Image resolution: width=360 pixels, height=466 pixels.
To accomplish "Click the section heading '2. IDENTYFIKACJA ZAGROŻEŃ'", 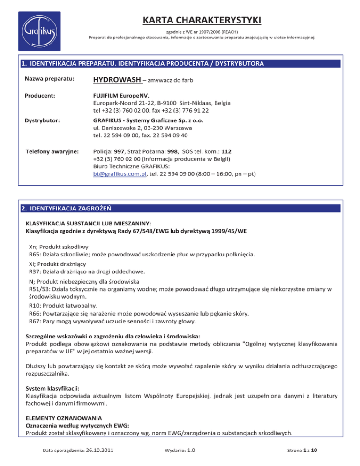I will coord(69,208).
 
